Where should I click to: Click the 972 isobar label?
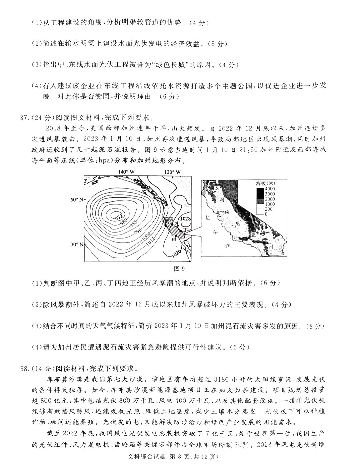(118, 216)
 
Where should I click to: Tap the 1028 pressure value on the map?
(185, 218)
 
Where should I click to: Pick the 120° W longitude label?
(173, 172)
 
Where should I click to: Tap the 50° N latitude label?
(76, 199)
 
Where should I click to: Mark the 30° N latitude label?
(76, 245)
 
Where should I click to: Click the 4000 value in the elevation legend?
(269, 189)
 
